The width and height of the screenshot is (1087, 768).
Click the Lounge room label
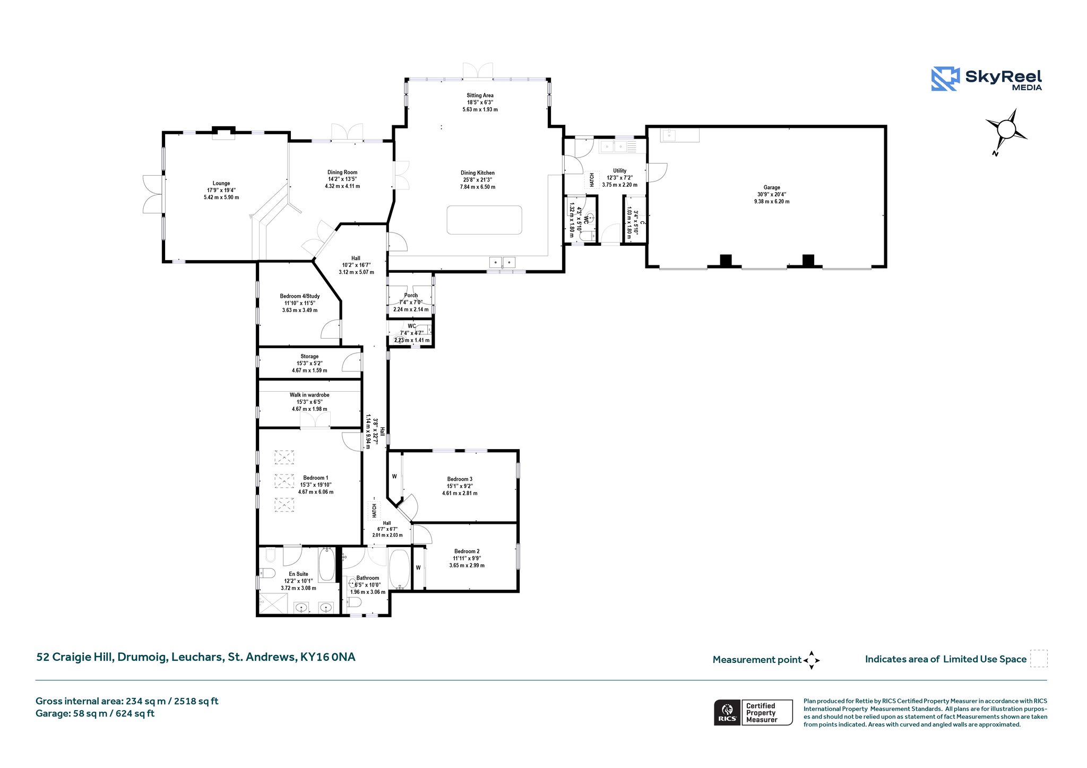point(221,184)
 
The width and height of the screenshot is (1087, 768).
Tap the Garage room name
point(772,187)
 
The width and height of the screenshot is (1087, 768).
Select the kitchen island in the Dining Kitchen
point(484,220)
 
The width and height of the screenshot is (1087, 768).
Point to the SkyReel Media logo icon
point(945,79)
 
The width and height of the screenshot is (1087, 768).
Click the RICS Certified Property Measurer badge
point(753,712)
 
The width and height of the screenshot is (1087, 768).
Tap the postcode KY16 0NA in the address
point(327,657)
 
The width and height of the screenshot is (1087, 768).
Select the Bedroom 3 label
point(460,479)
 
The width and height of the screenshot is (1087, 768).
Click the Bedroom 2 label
point(467,551)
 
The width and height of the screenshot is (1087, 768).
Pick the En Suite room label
point(298,574)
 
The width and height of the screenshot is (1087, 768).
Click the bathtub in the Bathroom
point(399,569)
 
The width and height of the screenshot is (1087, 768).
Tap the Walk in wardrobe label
point(309,395)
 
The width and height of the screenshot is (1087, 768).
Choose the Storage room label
point(309,357)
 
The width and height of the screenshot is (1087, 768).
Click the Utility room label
point(619,171)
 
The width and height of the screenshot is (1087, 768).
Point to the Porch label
point(411,296)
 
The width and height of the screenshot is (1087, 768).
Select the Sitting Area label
point(480,96)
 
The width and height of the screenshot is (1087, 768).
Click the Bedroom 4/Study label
point(300,296)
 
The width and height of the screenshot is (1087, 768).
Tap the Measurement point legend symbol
point(812,660)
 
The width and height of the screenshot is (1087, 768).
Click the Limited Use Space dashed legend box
point(1039,659)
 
